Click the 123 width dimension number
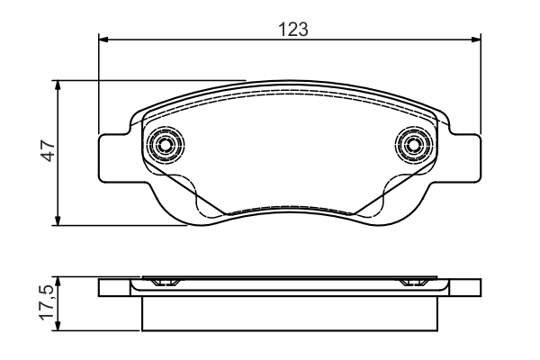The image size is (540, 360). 293,29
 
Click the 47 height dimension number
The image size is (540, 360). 48,150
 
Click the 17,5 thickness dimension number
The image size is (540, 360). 47,302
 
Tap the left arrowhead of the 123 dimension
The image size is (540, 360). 103,40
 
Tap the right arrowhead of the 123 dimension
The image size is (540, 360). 476,40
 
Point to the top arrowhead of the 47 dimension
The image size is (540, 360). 58,85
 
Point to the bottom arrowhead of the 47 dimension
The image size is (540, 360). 58,220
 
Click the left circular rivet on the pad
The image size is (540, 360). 166,144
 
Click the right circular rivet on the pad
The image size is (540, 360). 415,144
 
